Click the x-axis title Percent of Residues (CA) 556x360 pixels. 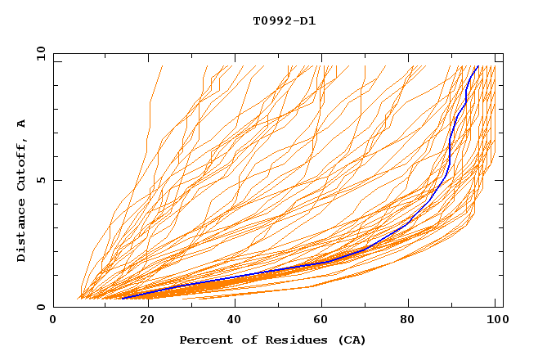(x=272, y=340)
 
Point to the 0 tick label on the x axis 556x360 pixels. (x=53, y=320)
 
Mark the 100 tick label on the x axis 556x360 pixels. (x=495, y=320)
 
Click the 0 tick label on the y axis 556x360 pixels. (x=40, y=308)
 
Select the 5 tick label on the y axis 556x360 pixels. (x=40, y=180)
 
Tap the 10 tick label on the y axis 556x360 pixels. (x=37, y=53)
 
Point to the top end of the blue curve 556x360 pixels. (x=478, y=66)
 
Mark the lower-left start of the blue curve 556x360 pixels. (x=122, y=298)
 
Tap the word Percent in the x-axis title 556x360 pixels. (x=204, y=340)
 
